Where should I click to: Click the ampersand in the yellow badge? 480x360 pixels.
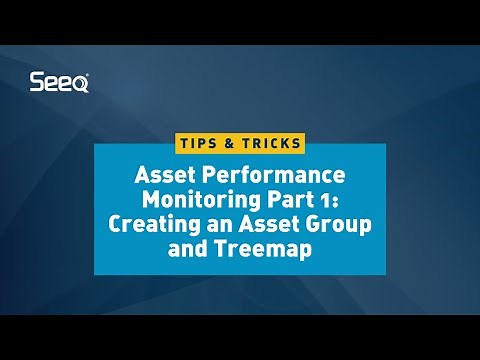pyautogui.click(x=230, y=143)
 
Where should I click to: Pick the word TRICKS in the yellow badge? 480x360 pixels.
pyautogui.click(x=269, y=143)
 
